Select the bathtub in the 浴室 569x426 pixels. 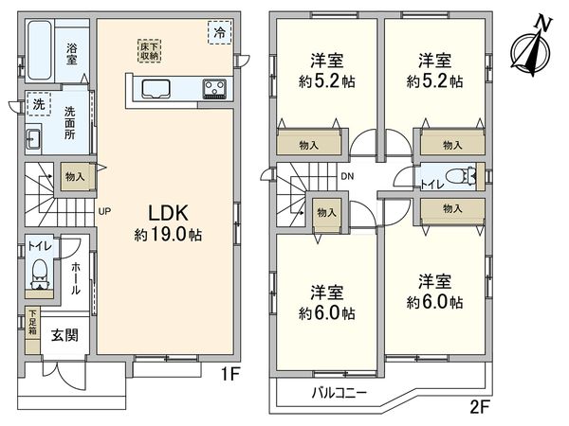coord(43,44)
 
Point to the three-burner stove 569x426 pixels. coord(214,90)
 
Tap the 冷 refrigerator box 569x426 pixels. coord(219,31)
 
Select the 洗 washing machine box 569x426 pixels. coord(38,104)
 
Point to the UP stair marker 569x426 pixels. coord(104,211)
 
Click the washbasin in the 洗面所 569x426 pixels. coord(31,140)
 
